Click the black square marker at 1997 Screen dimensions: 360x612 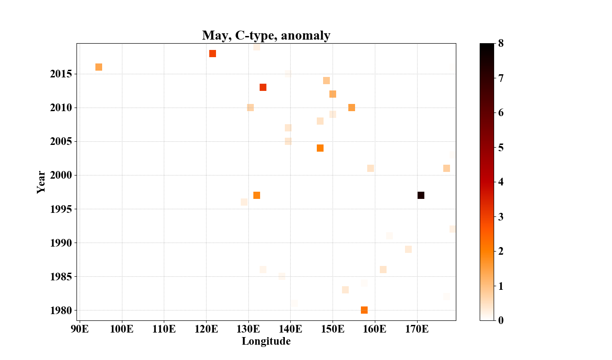point(421,195)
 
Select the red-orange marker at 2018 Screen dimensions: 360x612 point(212,54)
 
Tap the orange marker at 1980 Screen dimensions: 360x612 point(364,310)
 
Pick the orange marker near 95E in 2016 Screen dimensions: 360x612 point(99,67)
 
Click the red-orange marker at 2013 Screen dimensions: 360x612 point(263,87)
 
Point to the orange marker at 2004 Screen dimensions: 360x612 point(320,148)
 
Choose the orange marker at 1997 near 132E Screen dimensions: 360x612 point(256,195)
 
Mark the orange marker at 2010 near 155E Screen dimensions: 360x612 point(351,108)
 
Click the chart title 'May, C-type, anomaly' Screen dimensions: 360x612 point(266,35)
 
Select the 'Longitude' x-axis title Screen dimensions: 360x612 point(266,342)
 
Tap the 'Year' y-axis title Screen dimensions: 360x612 point(41,182)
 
